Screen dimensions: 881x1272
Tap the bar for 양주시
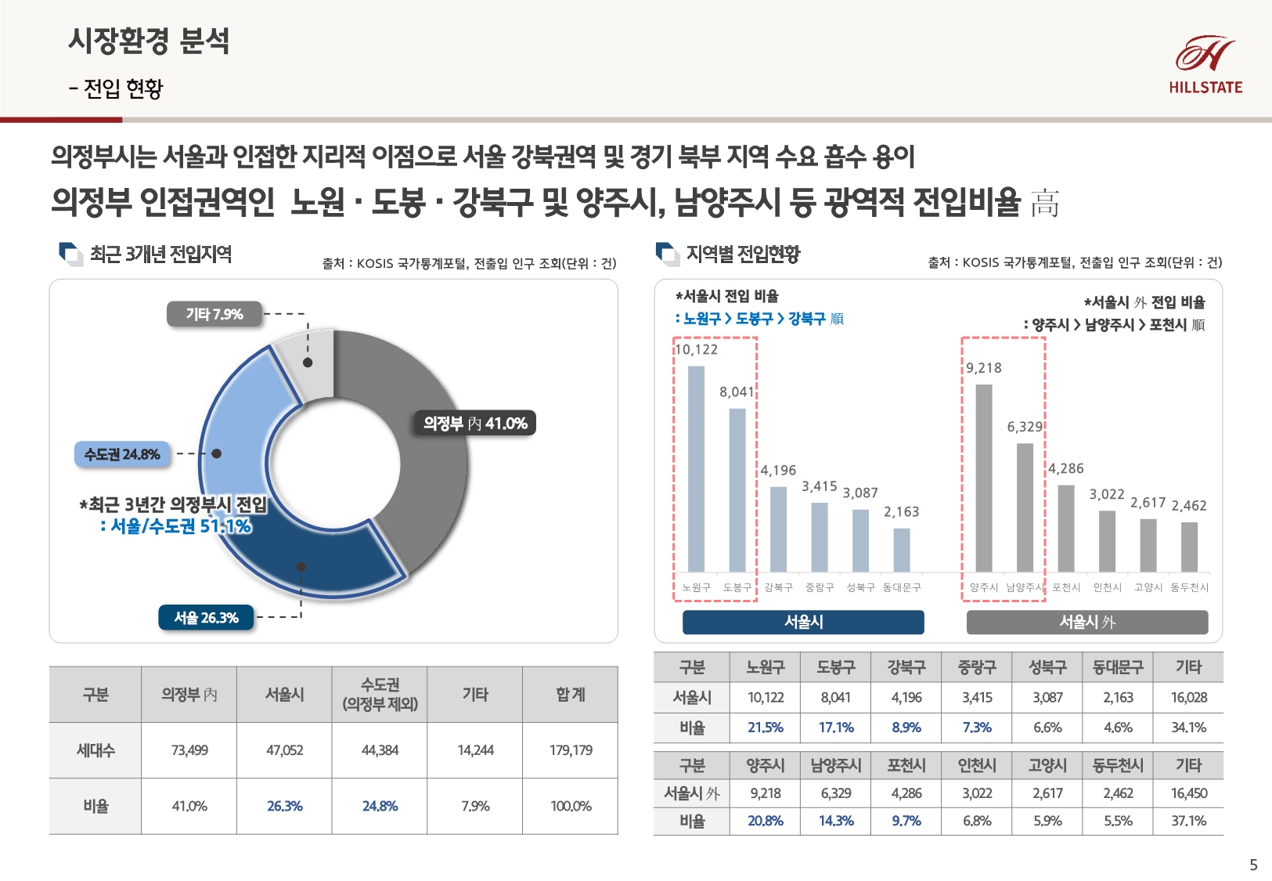[x=984, y=478]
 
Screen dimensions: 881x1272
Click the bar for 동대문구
[x=902, y=550]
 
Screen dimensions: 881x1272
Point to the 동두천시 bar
[x=1189, y=547]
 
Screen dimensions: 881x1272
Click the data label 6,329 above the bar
[x=1025, y=427]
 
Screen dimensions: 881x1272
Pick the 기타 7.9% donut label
[x=214, y=314]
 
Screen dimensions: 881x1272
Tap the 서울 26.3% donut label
[x=206, y=618]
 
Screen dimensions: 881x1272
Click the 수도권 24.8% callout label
[x=122, y=454]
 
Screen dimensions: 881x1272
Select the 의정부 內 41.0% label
[x=475, y=424]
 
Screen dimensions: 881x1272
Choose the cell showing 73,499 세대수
[x=189, y=750]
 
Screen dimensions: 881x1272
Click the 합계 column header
[x=571, y=695]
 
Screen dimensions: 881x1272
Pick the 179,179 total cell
[x=571, y=750]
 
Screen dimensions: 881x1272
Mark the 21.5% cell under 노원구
[x=765, y=728]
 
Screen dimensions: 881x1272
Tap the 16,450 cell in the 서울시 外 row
[x=1188, y=793]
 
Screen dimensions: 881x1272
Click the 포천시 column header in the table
[x=906, y=765]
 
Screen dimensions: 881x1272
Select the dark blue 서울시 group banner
[x=803, y=622]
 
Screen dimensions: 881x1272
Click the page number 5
[x=1253, y=865]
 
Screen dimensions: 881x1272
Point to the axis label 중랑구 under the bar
[x=820, y=587]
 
